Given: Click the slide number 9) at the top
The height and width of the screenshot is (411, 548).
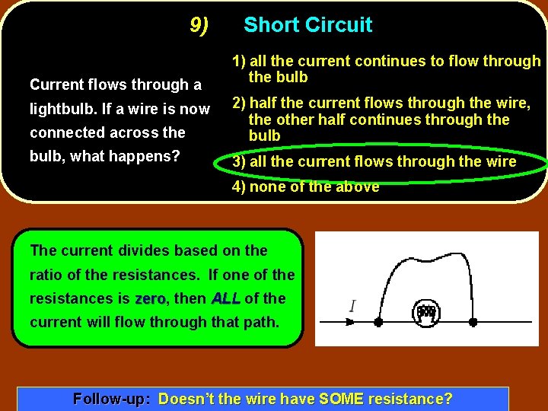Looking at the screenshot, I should pyautogui.click(x=199, y=26).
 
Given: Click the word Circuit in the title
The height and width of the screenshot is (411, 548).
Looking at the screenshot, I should pyautogui.click(x=337, y=25).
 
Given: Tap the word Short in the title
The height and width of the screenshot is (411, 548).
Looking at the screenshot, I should pyautogui.click(x=269, y=25).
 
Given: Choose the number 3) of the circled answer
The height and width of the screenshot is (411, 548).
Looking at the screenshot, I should pyautogui.click(x=239, y=161).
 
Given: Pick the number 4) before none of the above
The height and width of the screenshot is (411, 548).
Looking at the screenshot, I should pyautogui.click(x=239, y=186).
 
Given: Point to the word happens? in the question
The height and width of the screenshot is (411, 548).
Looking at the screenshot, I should pyautogui.click(x=145, y=157).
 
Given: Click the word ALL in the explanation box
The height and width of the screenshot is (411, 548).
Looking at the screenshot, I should pyautogui.click(x=225, y=298).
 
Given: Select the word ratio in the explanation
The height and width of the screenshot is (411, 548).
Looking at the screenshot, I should pyautogui.click(x=46, y=275).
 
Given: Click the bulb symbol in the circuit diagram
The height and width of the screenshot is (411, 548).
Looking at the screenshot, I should pyautogui.click(x=426, y=311).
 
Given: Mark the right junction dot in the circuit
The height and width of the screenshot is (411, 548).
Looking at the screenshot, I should pyautogui.click(x=473, y=322).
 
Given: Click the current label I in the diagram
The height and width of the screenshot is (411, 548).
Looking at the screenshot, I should pyautogui.click(x=352, y=307).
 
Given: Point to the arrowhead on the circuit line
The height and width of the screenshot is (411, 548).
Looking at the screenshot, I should pyautogui.click(x=351, y=322).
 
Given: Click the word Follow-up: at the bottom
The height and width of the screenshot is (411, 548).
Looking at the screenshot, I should pyautogui.click(x=111, y=399).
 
